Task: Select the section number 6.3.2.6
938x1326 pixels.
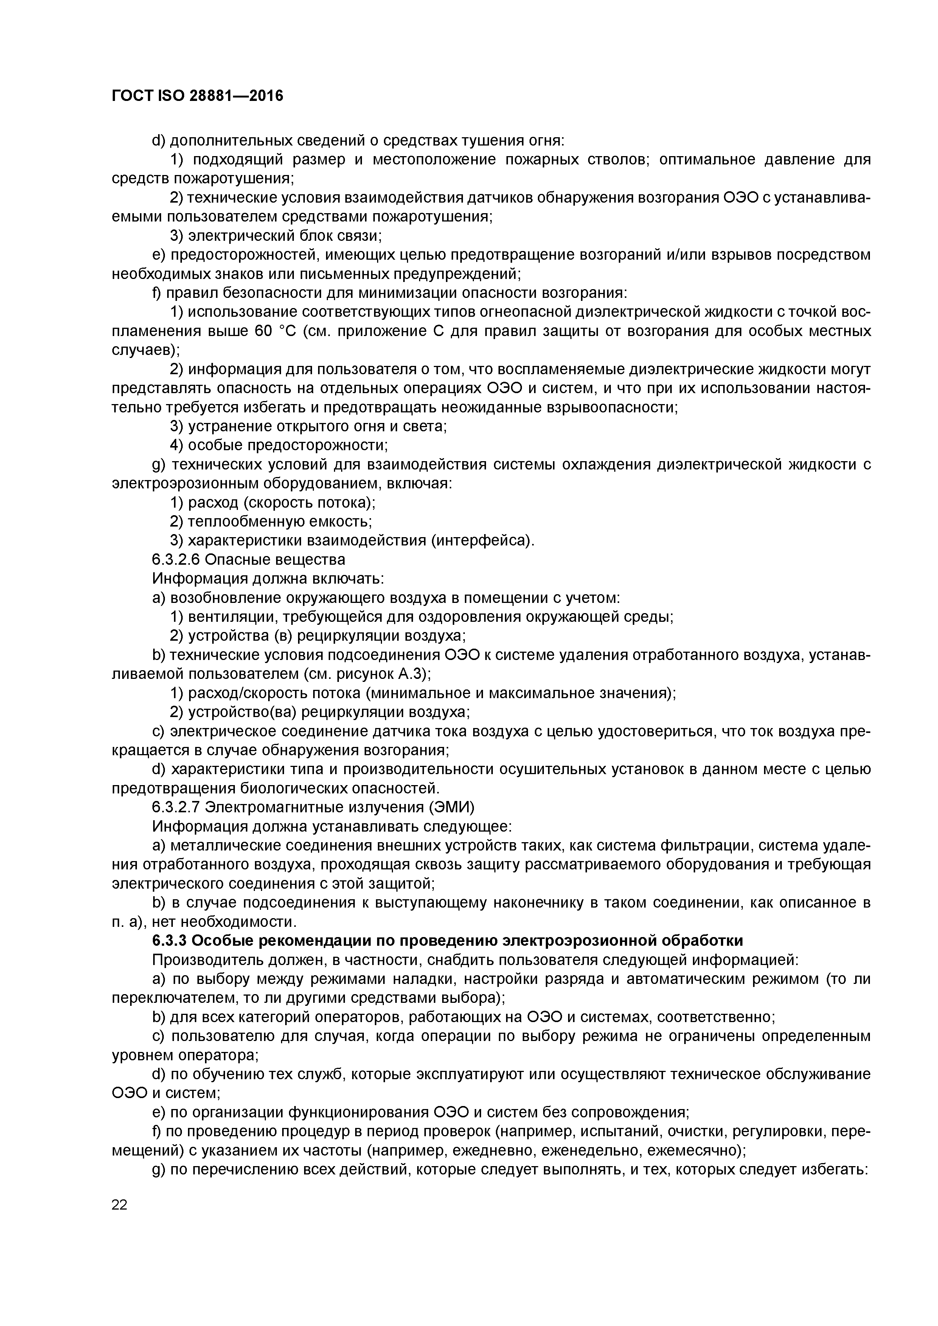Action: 176,559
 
